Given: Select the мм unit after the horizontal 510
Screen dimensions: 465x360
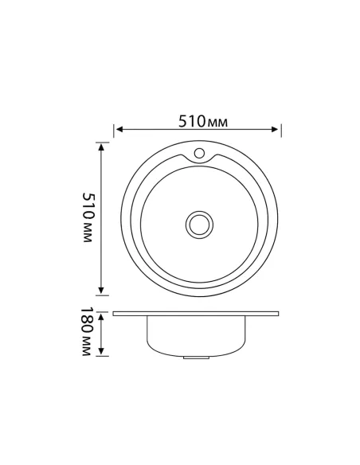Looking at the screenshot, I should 217,123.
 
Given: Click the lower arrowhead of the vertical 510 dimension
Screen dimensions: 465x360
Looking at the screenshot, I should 102,292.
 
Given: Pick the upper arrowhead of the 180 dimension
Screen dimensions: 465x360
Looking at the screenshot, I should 102,313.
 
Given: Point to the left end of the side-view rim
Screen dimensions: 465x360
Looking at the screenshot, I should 115,314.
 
